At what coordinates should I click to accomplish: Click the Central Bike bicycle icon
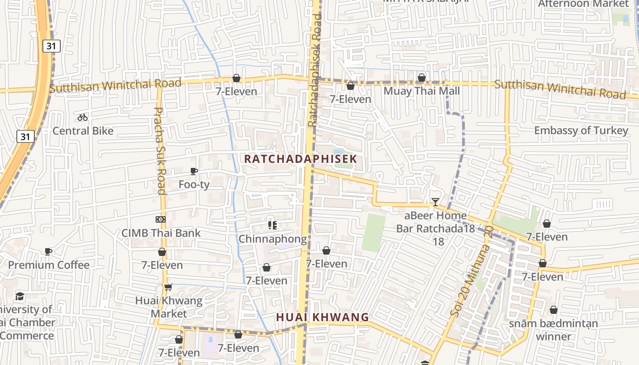pos(82,117)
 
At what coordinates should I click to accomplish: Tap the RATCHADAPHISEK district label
pos(300,159)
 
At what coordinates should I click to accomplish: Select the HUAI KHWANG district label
pos(322,317)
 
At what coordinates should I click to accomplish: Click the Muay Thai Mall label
pos(422,91)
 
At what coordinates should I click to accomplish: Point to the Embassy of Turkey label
pos(581,130)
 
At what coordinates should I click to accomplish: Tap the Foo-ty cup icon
pos(194,171)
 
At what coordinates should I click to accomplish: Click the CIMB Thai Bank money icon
pos(160,219)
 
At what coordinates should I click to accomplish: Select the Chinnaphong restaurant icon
pos(272,225)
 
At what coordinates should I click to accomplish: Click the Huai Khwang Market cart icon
pos(168,287)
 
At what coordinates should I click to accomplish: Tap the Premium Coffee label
pos(49,265)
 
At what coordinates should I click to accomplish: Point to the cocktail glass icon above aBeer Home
pos(435,202)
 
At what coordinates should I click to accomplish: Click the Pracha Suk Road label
pos(160,151)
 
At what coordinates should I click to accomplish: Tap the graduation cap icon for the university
pos(20,297)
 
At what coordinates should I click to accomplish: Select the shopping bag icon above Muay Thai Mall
pos(422,78)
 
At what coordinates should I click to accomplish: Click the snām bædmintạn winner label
pos(553,330)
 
